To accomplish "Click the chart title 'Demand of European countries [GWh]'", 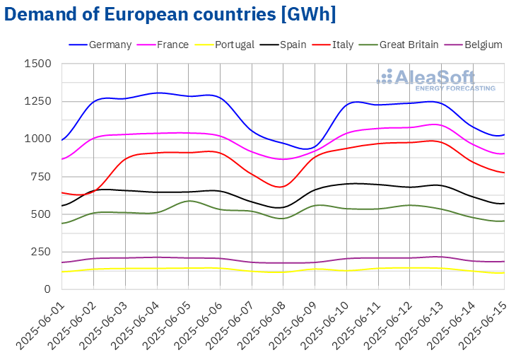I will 170,13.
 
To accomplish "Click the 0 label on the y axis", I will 47,289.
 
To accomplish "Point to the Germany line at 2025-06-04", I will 157,93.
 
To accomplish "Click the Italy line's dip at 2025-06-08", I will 283,187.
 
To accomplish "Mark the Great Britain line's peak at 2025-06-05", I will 189,201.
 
